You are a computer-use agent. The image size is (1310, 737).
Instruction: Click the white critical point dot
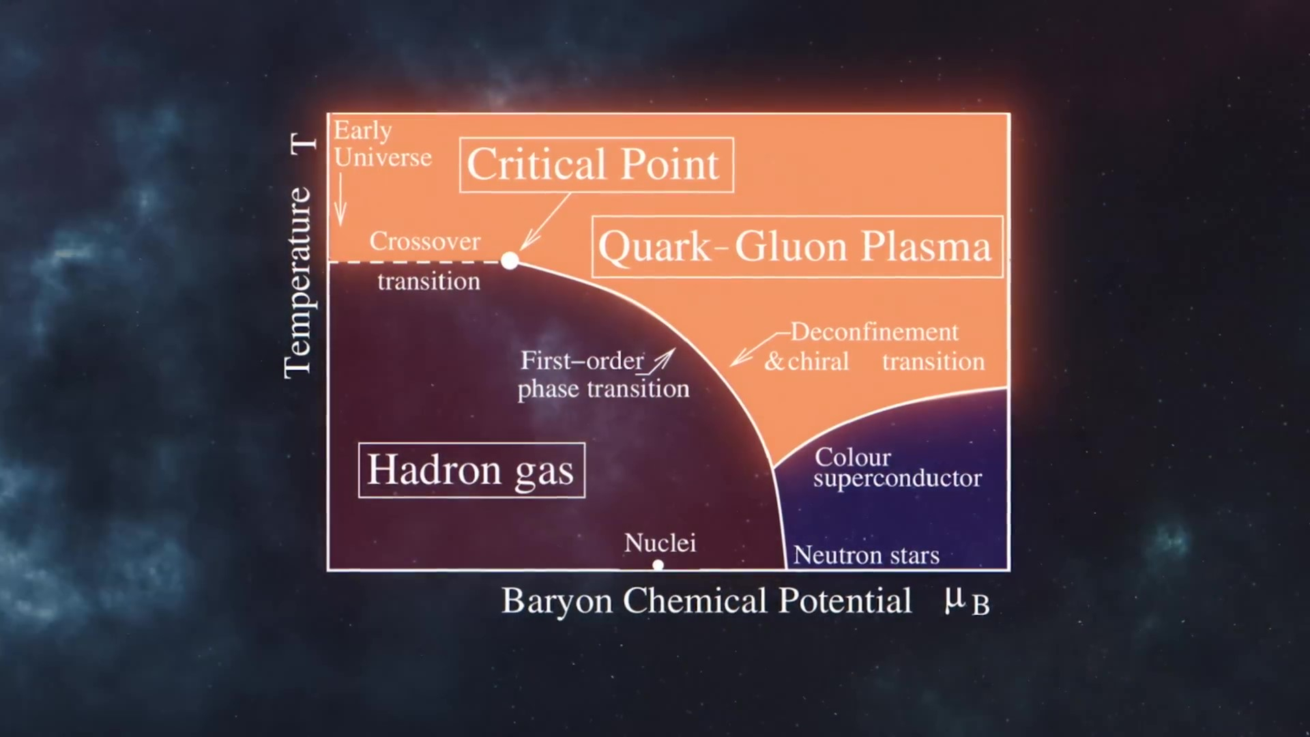coord(510,260)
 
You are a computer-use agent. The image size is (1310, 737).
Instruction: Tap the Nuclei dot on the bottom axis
coord(658,565)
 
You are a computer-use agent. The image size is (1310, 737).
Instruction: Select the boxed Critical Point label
coord(596,165)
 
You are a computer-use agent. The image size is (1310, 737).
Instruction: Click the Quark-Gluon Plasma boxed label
coord(797,247)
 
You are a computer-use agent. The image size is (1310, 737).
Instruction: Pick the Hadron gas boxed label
coord(471,470)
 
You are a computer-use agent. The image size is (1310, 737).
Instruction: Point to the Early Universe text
coord(382,144)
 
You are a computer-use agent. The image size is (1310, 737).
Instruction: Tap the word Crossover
coord(424,241)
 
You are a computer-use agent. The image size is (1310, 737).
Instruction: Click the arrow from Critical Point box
coord(545,222)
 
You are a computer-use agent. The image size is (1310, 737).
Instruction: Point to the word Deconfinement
coord(875,332)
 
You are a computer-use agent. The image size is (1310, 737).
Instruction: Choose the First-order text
coord(582,360)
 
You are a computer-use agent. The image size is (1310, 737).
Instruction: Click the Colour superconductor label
coord(897,467)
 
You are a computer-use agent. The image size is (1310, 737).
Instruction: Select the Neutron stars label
coord(866,555)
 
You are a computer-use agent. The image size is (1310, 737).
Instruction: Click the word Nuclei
coord(660,543)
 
